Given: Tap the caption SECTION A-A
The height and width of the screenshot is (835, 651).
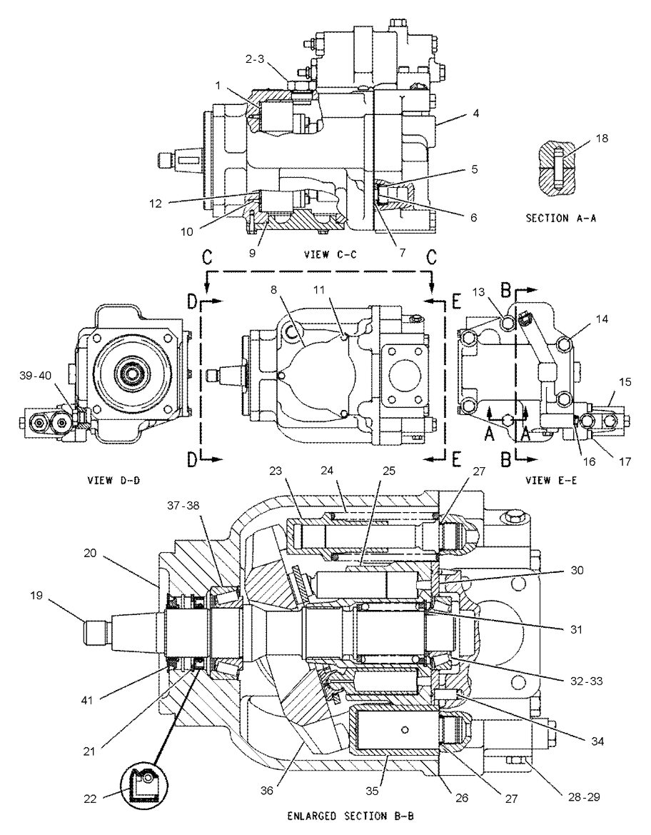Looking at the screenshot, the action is [x=561, y=218].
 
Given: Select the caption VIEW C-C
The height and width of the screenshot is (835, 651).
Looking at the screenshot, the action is [x=330, y=254].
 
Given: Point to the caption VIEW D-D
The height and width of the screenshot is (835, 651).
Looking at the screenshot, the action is [x=113, y=480].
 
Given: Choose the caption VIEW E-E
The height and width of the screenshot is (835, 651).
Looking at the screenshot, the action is [x=552, y=480].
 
